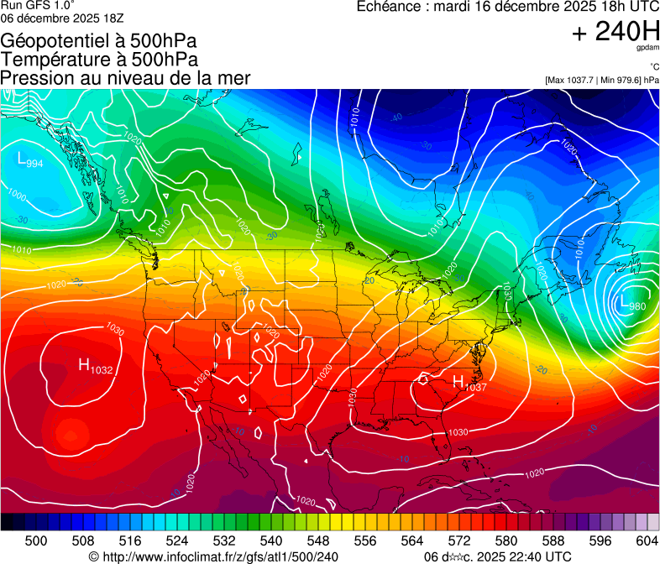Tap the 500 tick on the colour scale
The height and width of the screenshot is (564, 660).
point(36,540)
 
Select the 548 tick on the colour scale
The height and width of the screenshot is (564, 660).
point(318,540)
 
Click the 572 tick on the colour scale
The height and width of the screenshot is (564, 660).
point(459,540)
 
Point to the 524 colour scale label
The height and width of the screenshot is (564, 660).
point(177,540)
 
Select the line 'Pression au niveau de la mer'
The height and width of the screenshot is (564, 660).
point(125,78)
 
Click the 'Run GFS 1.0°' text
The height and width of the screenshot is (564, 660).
point(38,6)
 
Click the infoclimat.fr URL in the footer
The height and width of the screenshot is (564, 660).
point(213,556)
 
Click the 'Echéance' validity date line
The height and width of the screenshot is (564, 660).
point(507,7)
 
